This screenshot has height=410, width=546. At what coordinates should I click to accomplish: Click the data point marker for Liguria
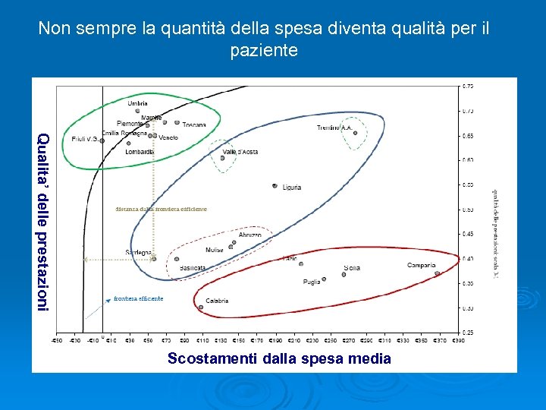point(275,185)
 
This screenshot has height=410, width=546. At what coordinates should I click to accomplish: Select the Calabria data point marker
point(201,307)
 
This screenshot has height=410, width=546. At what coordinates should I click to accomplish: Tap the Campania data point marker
point(437,273)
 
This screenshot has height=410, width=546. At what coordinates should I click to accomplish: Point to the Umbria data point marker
point(138,111)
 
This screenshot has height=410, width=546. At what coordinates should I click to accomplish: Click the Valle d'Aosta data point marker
point(223,158)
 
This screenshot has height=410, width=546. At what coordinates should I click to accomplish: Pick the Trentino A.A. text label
point(334,128)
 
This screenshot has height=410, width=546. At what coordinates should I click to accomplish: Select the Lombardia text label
point(140,152)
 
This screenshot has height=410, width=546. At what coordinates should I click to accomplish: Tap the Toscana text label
point(193,125)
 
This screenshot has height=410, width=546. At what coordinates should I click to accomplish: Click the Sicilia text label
point(351,267)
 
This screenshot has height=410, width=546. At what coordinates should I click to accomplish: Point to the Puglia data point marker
point(324,279)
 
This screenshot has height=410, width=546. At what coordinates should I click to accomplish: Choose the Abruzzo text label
point(249,235)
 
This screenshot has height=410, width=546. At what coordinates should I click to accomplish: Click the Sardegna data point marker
point(154,258)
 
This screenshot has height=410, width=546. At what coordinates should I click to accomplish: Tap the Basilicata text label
point(193,268)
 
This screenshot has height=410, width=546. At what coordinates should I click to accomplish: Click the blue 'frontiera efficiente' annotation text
point(138,298)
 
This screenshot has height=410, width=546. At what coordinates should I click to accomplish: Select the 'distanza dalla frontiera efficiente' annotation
point(161,209)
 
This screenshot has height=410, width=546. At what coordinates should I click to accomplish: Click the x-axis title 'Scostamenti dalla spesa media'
point(279,358)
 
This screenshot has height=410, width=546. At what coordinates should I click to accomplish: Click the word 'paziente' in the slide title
point(264,51)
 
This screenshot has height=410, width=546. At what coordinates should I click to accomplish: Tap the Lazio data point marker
point(301,263)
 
